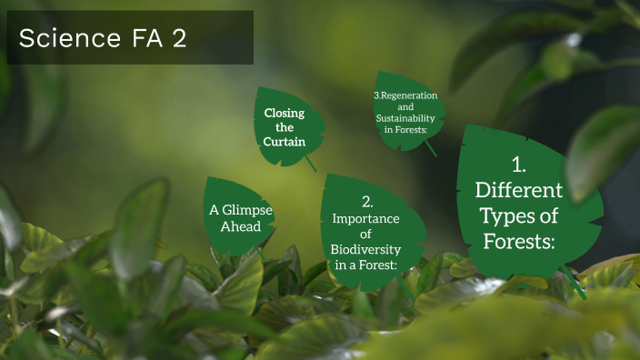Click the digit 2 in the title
pyautogui.click(x=176, y=38)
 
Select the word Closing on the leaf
pyautogui.click(x=284, y=114)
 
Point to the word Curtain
pyautogui.click(x=284, y=143)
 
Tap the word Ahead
pyautogui.click(x=241, y=226)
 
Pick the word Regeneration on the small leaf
pyautogui.click(x=408, y=95)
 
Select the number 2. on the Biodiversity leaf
pyautogui.click(x=366, y=202)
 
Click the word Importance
pyautogui.click(x=365, y=219)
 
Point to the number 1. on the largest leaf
pyautogui.click(x=519, y=165)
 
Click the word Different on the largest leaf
pyautogui.click(x=519, y=191)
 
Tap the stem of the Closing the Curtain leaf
pyautogui.click(x=311, y=165)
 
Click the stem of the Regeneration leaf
pyautogui.click(x=429, y=146)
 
